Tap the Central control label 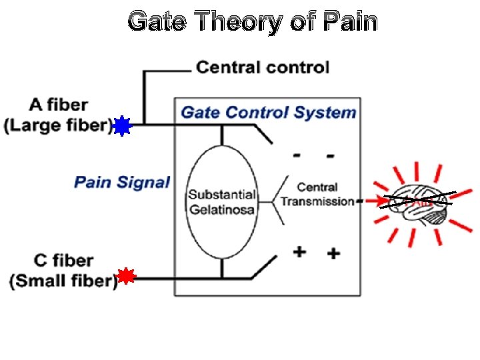pyautogui.click(x=262, y=67)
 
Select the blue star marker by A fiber pyautogui.click(x=121, y=126)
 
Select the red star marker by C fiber pyautogui.click(x=126, y=277)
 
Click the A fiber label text pyautogui.click(x=59, y=105)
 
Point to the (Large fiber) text pyautogui.click(x=58, y=125)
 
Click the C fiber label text pyautogui.click(x=63, y=260)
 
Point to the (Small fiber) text pyautogui.click(x=63, y=281)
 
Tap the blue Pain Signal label pyautogui.click(x=122, y=182)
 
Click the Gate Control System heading pyautogui.click(x=269, y=112)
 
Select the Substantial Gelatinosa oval pyautogui.click(x=221, y=201)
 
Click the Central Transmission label pyautogui.click(x=317, y=194)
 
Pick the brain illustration pyautogui.click(x=420, y=203)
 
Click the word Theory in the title pyautogui.click(x=234, y=22)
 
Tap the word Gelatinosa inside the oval pyautogui.click(x=221, y=210)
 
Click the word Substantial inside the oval pyautogui.click(x=221, y=195)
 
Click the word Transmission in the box pyautogui.click(x=317, y=201)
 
